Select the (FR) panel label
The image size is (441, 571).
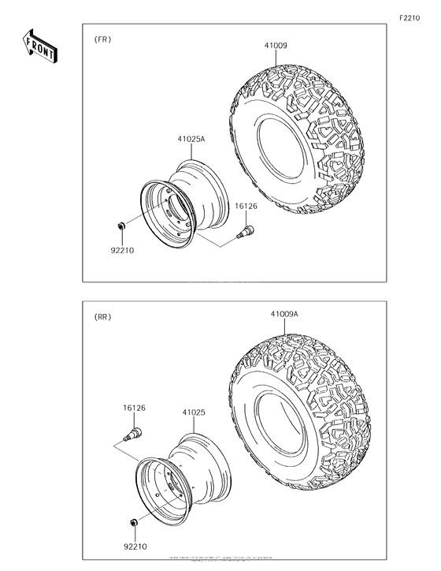(103, 39)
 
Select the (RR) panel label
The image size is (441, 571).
(103, 317)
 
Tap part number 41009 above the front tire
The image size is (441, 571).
(275, 46)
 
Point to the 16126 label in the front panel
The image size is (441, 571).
(246, 207)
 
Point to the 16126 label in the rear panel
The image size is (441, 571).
(134, 409)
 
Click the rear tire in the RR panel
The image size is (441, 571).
(303, 402)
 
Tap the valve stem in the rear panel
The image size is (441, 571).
(133, 435)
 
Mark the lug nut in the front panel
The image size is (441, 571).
(120, 228)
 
